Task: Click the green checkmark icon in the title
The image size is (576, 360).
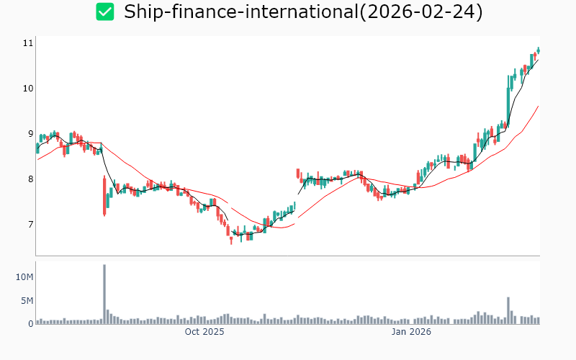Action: (x=105, y=12)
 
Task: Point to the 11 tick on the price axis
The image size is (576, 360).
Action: (x=28, y=43)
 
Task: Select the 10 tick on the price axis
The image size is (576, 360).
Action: (x=28, y=89)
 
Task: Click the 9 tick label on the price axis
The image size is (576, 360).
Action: (x=30, y=134)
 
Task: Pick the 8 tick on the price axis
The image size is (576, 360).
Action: (x=30, y=179)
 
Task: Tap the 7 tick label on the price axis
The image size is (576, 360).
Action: (x=30, y=225)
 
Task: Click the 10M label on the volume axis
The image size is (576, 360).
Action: (x=25, y=277)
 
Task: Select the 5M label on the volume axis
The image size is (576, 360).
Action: (x=27, y=301)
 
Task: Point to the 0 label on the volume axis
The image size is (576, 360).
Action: (x=30, y=324)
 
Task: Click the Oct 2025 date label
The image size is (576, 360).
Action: (x=204, y=332)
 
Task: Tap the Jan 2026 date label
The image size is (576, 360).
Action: (x=411, y=332)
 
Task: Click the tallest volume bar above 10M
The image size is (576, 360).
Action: (x=104, y=294)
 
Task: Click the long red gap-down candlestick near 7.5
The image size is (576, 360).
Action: (x=104, y=195)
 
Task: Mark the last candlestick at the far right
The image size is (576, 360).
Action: (x=539, y=50)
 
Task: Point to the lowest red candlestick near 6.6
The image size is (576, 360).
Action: (x=231, y=238)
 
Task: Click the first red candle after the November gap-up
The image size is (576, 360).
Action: (x=298, y=174)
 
